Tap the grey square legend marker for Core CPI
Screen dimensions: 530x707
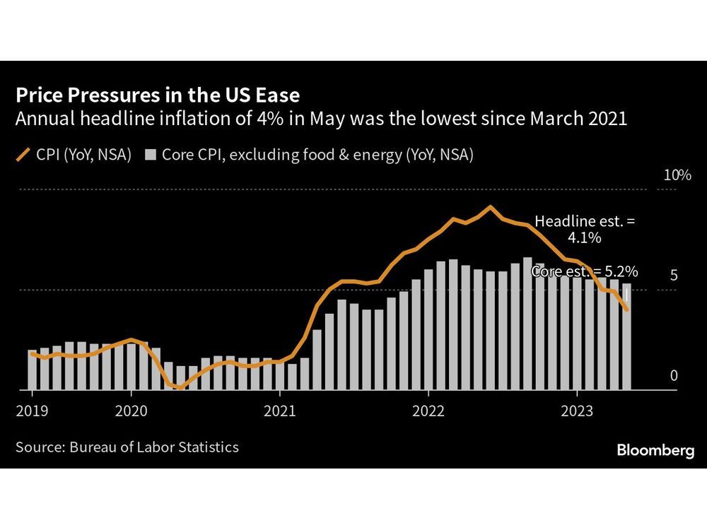point(150,154)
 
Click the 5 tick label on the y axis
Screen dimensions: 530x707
point(674,275)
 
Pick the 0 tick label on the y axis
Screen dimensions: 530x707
point(674,375)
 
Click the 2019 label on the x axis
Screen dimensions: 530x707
point(31,411)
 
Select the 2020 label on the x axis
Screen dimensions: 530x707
point(131,411)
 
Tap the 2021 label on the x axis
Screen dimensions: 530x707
point(280,411)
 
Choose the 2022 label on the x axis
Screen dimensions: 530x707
point(429,411)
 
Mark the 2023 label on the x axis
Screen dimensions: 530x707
point(578,411)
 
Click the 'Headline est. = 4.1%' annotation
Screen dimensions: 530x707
point(584,230)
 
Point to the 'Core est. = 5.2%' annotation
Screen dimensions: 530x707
point(585,271)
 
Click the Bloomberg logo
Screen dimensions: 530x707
point(655,451)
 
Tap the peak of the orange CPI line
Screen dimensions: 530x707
point(490,207)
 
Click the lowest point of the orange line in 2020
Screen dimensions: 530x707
point(180,387)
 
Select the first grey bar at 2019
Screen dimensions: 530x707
point(32,370)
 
